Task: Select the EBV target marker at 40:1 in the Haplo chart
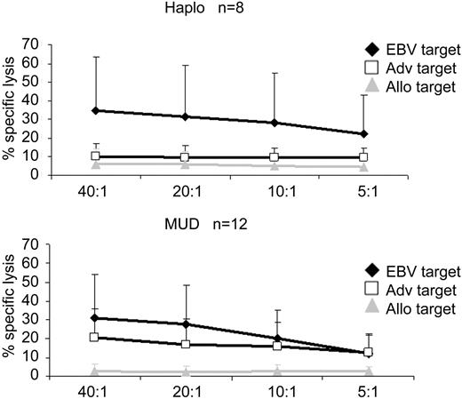96,110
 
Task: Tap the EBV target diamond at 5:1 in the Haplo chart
363,133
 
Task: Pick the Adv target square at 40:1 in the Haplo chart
96,156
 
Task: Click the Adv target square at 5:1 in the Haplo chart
363,157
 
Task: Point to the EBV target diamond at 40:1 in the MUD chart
96,317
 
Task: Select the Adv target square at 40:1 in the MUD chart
96,337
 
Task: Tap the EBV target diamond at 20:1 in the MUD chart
186,324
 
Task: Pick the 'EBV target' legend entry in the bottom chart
415,271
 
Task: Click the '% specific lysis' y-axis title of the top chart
12,108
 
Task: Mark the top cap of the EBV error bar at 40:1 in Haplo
96,57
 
